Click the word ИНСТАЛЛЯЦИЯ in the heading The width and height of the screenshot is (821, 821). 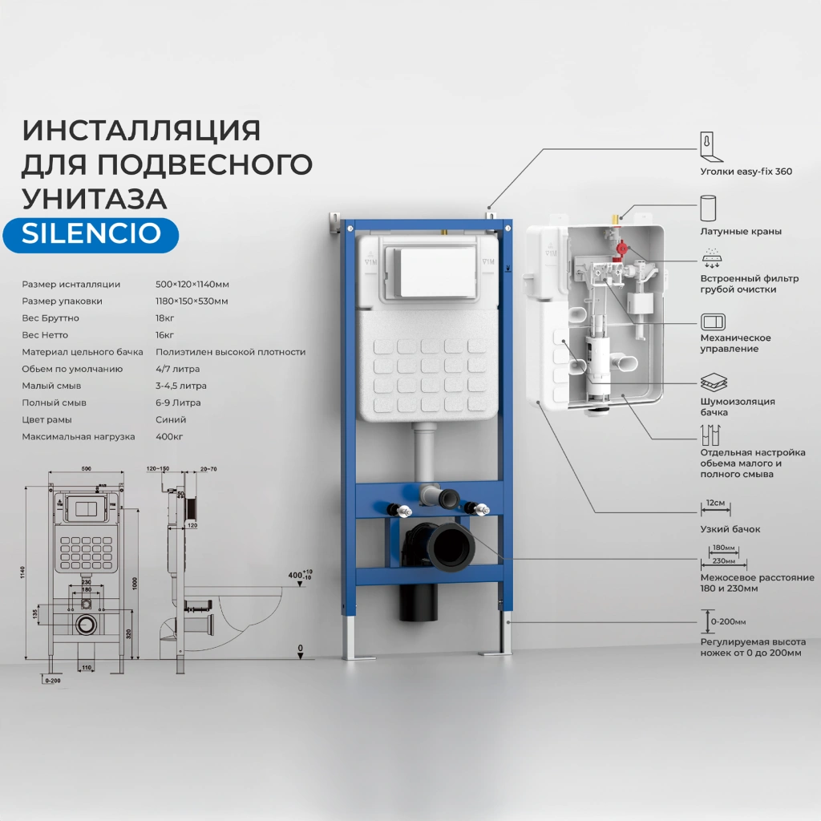(x=141, y=130)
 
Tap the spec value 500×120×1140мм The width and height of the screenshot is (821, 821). (x=192, y=284)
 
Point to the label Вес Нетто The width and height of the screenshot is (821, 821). (x=46, y=334)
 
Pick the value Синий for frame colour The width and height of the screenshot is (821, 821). (x=171, y=419)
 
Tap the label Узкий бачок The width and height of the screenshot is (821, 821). (x=730, y=529)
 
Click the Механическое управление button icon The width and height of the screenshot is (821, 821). (x=711, y=322)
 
